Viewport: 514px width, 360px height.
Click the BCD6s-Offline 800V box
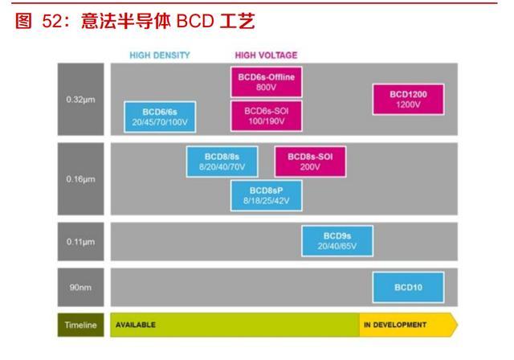tap(266, 80)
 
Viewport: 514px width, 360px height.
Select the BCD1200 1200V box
tap(408, 100)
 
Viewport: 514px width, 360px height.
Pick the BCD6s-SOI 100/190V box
tap(266, 115)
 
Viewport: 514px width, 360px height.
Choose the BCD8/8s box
tap(221, 161)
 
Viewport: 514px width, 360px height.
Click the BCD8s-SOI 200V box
tap(310, 161)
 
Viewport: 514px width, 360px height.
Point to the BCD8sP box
tap(266, 194)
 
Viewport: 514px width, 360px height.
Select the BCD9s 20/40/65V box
tap(337, 240)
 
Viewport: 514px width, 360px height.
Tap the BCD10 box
tap(408, 286)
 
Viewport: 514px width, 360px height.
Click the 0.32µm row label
tap(81, 99)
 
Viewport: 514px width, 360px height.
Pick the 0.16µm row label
tap(81, 178)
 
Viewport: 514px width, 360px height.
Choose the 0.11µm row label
tap(81, 240)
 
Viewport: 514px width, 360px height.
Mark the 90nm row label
tap(81, 286)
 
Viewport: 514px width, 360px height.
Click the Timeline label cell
tap(81, 325)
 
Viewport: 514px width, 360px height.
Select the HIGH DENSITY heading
tap(160, 55)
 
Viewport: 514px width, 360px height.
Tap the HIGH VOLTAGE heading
tap(266, 55)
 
